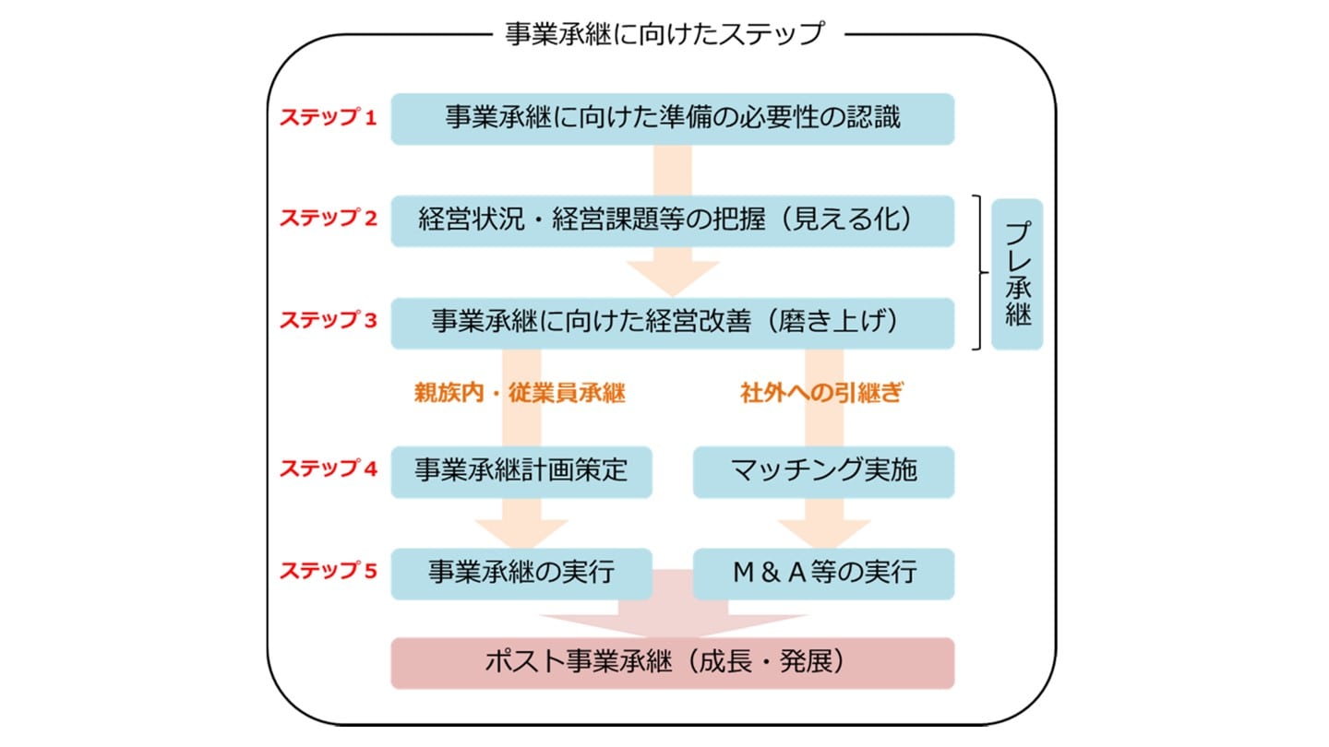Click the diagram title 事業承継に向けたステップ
[x=664, y=34]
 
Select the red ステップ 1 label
[x=329, y=118]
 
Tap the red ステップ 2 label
[x=329, y=219]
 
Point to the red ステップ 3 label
[x=329, y=321]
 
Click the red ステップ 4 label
[x=329, y=468]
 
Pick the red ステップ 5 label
[x=329, y=571]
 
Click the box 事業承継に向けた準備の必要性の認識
[x=672, y=118]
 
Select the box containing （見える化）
[x=672, y=220]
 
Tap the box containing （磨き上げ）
[x=672, y=322]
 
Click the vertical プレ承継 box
[x=1016, y=274]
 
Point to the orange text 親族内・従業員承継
[x=521, y=394]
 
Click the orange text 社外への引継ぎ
[x=820, y=394]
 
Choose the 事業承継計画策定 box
[x=521, y=471]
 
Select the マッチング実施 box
[x=823, y=471]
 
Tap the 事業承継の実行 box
[x=521, y=573]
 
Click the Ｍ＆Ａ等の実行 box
[x=823, y=573]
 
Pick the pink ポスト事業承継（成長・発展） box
[x=672, y=663]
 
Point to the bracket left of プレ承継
[x=978, y=273]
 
